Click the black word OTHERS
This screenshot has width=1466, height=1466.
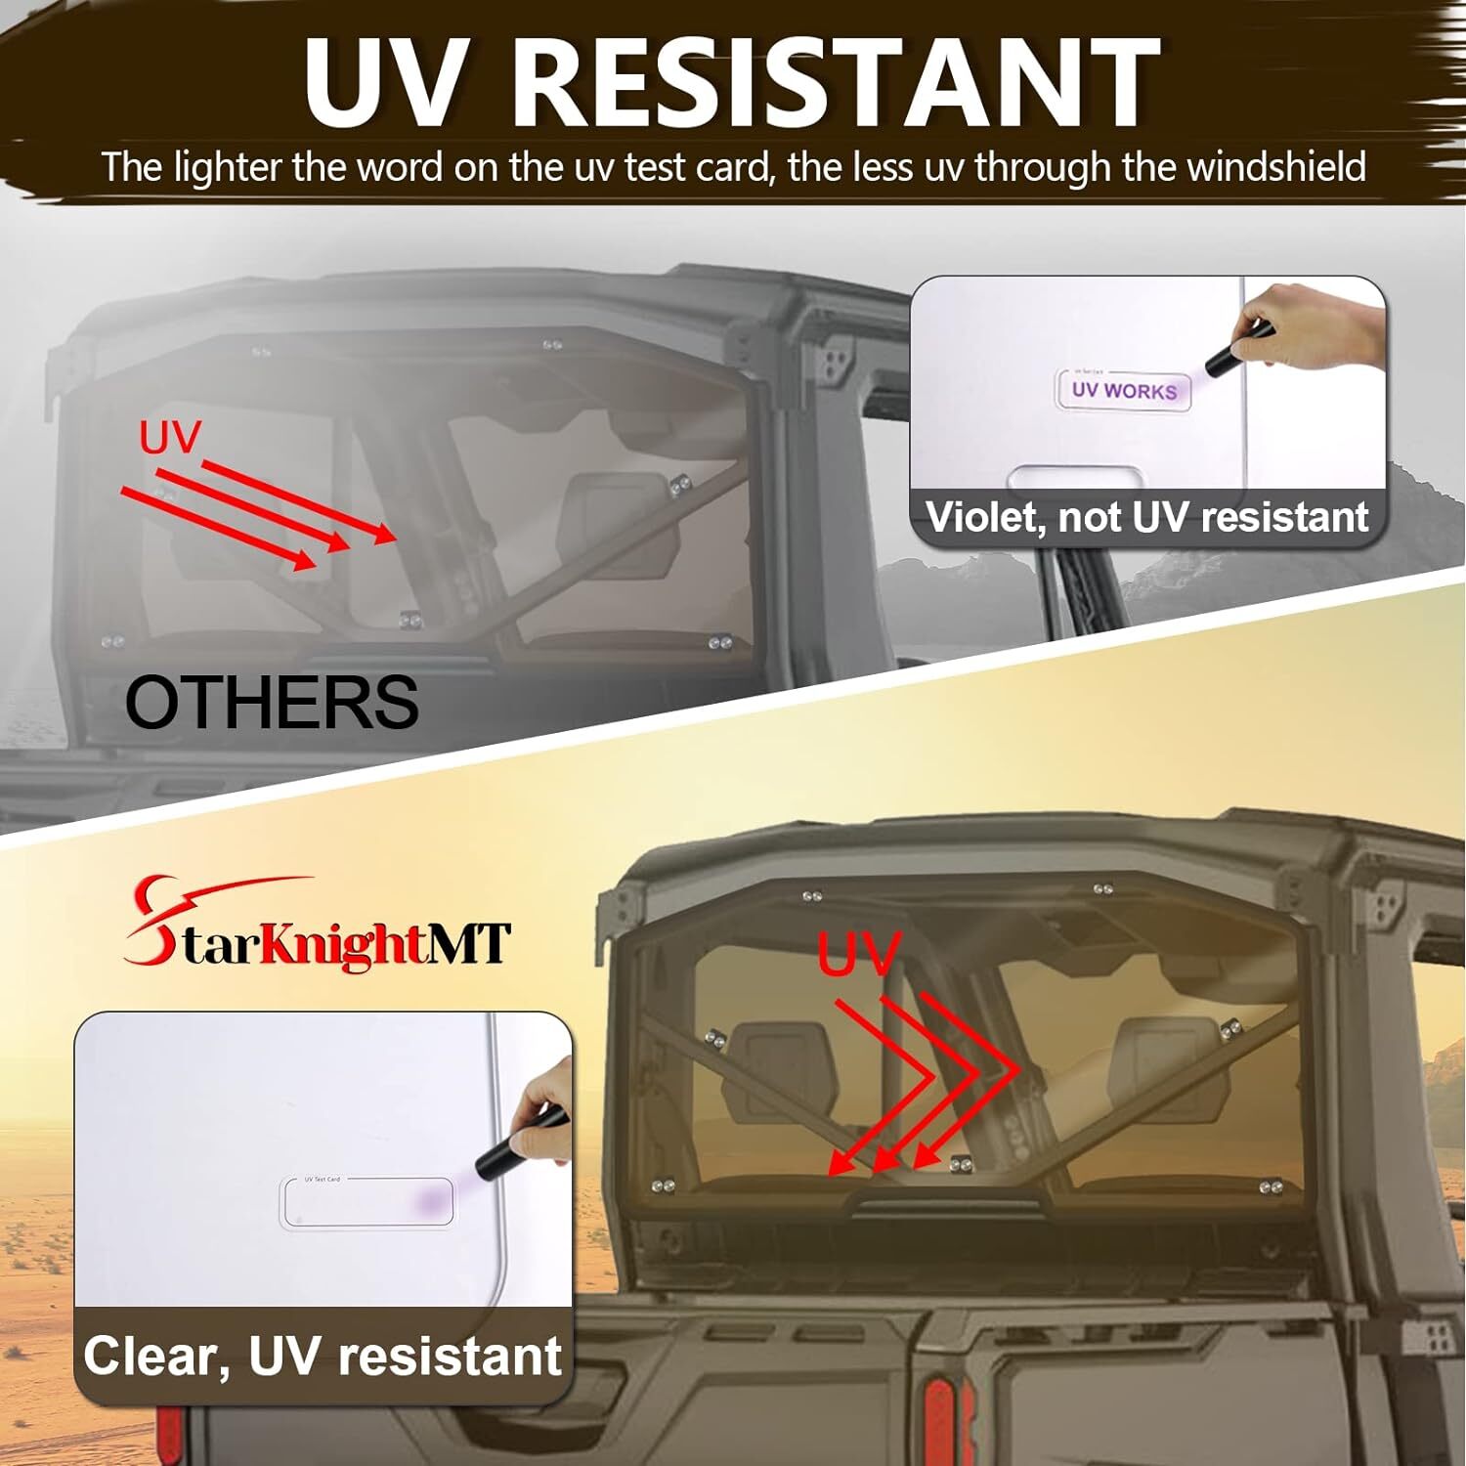(x=272, y=702)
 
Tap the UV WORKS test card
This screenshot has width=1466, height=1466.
(x=1123, y=390)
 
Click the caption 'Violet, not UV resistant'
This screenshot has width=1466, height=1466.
(x=1146, y=517)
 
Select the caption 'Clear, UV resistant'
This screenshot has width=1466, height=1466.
(x=323, y=1357)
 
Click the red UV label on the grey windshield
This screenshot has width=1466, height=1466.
(x=169, y=439)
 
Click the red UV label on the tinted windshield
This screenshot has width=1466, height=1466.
(x=858, y=955)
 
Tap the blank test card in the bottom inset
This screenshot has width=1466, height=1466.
(x=366, y=1201)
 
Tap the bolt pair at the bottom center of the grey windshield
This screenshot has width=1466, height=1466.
(x=410, y=619)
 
